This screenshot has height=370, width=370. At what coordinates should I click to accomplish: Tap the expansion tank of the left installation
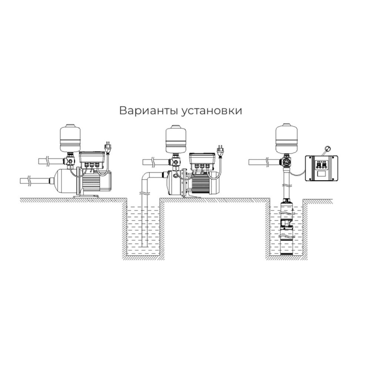(70, 139)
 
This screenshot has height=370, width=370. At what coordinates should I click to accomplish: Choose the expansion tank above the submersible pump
(285, 138)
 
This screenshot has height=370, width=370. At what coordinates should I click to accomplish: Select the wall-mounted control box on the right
(321, 169)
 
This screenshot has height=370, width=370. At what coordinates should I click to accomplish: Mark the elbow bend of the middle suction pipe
(147, 177)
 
